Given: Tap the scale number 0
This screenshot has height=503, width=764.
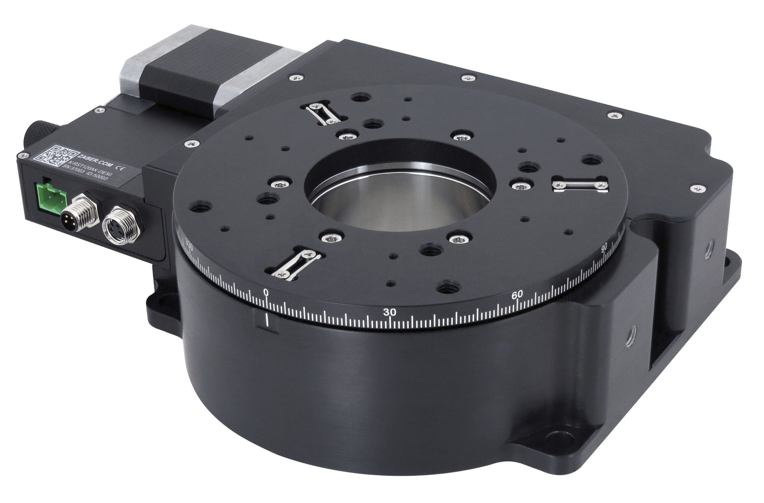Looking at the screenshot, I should click(266, 292).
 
